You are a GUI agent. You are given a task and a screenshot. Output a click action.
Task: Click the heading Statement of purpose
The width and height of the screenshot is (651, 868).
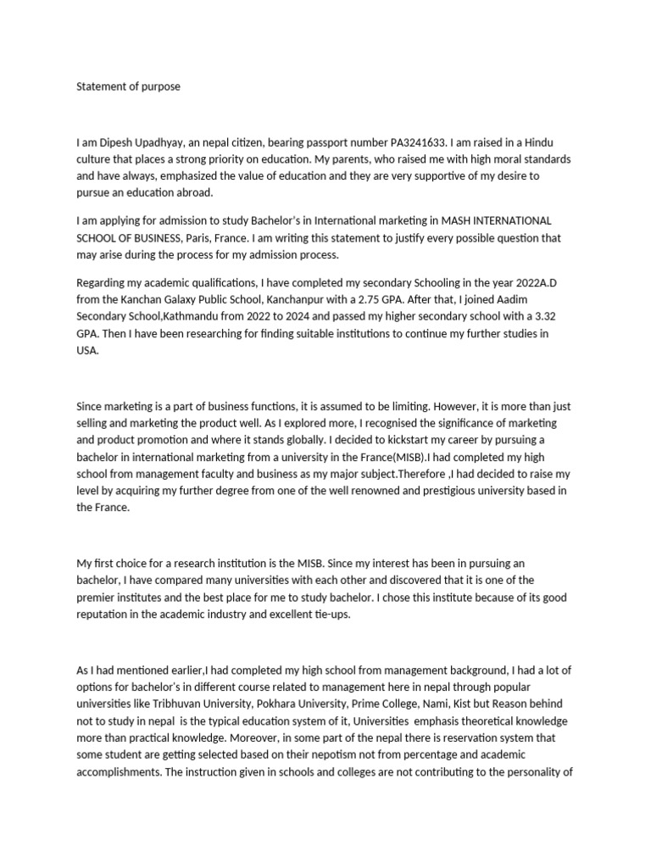click(x=128, y=86)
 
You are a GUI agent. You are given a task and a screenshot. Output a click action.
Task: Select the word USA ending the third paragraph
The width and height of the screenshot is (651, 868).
click(x=87, y=349)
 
